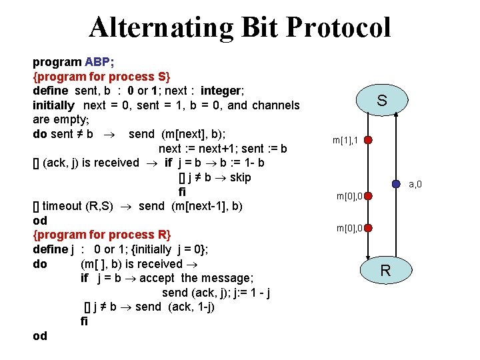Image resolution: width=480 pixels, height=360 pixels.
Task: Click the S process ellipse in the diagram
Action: click(381, 101)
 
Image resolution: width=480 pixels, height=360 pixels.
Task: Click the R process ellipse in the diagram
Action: click(385, 270)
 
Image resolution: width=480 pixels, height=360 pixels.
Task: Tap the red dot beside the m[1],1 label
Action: click(368, 141)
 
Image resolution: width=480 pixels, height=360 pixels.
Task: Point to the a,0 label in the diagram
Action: click(415, 185)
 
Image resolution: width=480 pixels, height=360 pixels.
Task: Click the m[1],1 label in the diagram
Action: click(347, 141)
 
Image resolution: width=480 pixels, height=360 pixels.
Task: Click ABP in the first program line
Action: click(97, 62)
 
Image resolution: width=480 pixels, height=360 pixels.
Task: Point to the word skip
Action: click(239, 177)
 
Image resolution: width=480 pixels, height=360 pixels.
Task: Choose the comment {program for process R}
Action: click(102, 235)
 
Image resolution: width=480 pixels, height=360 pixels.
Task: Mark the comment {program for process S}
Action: click(102, 77)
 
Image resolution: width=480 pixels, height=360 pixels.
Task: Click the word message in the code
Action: click(228, 278)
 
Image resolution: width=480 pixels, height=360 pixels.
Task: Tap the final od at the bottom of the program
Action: click(40, 336)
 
